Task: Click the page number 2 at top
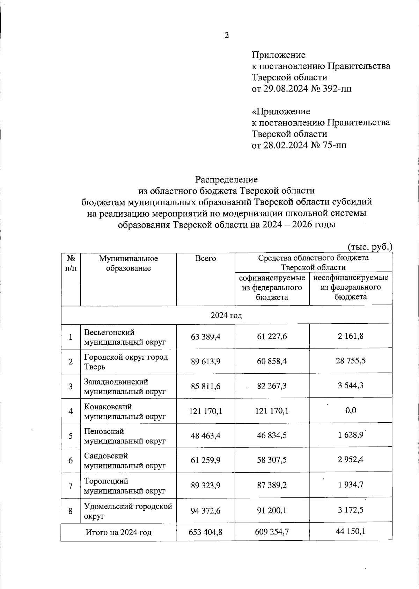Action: click(227, 35)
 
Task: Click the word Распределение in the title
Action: click(226, 179)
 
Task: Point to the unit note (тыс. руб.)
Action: click(370, 246)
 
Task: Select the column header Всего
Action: click(205, 259)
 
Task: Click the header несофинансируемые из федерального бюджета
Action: click(351, 287)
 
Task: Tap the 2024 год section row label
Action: click(226, 315)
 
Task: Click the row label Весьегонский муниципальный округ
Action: click(125, 337)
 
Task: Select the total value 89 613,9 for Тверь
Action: click(205, 361)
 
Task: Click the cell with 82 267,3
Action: click(272, 386)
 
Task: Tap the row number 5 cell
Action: click(71, 436)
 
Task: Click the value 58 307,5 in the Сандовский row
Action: click(272, 460)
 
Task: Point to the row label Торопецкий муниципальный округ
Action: click(125, 486)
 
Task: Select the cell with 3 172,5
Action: click(351, 510)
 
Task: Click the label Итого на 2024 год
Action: click(119, 533)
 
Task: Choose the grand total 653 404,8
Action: click(205, 532)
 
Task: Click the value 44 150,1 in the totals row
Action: click(351, 532)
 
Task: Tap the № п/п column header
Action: click(71, 263)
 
